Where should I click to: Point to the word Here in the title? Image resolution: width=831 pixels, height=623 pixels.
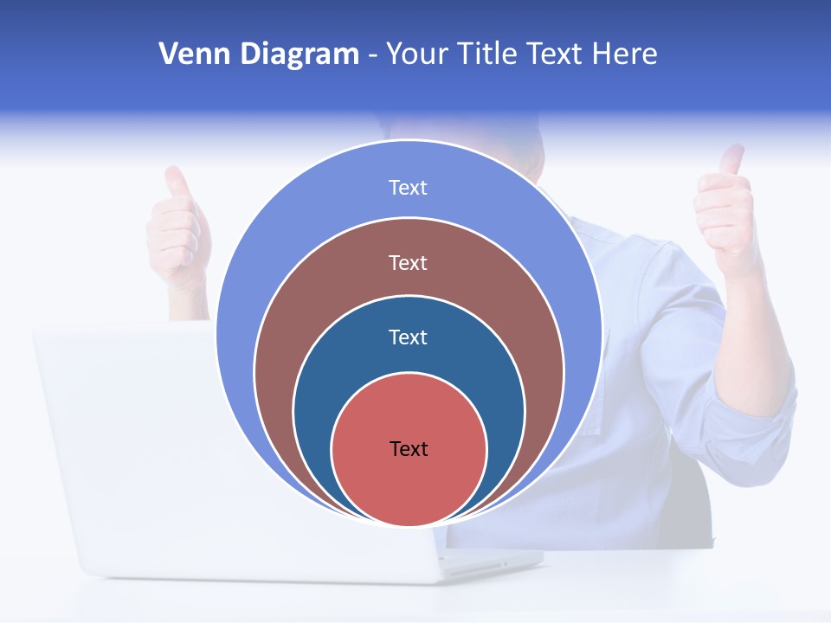point(624,55)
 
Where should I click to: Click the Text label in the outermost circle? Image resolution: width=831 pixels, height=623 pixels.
point(408,188)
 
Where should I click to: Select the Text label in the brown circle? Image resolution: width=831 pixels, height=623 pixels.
point(408,262)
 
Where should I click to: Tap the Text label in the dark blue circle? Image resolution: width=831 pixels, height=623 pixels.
point(408,337)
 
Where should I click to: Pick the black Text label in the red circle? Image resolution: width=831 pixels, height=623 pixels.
point(409,448)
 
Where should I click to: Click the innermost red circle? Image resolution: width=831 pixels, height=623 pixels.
point(409,485)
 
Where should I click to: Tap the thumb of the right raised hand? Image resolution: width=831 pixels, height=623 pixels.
point(732,161)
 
